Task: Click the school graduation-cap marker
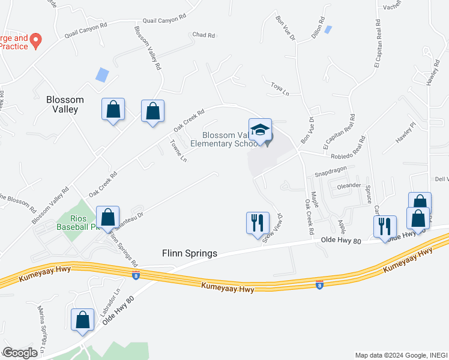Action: click(x=260, y=130)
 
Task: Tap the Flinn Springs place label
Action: click(x=190, y=253)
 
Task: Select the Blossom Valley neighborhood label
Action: click(x=65, y=104)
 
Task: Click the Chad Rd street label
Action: click(x=203, y=35)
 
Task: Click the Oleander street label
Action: click(x=349, y=185)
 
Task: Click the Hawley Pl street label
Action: click(x=405, y=133)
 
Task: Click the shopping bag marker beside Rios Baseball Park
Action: click(x=108, y=218)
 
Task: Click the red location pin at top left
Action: click(x=35, y=40)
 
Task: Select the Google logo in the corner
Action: click(x=20, y=353)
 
